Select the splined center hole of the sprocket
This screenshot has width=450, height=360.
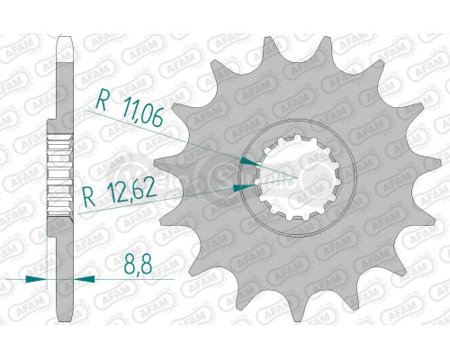289,172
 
